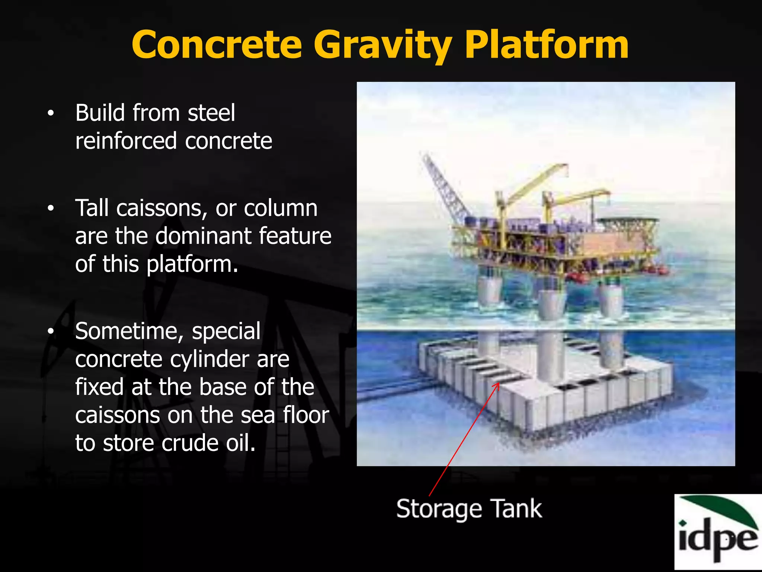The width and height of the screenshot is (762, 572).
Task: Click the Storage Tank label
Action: click(x=469, y=509)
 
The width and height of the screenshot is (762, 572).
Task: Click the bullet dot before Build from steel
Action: click(x=51, y=113)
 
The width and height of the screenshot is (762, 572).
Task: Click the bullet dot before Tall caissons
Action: click(x=51, y=208)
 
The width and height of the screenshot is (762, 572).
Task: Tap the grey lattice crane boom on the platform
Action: click(x=445, y=186)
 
